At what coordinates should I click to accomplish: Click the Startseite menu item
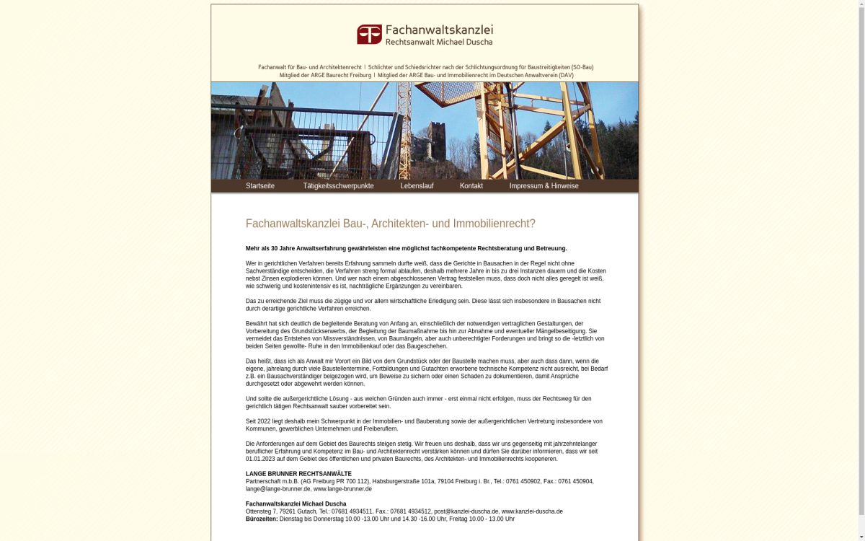(259, 186)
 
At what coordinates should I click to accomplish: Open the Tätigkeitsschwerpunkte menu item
(338, 186)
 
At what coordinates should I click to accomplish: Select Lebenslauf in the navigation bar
(417, 186)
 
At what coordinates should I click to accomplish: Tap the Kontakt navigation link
(471, 186)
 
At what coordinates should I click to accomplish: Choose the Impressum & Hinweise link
(544, 186)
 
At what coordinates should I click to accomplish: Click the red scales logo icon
(369, 35)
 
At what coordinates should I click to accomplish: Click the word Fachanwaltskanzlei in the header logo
(439, 30)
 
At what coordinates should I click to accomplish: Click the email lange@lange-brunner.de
(278, 489)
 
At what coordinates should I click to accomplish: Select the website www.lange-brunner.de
(342, 489)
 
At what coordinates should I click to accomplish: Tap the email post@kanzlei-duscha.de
(466, 511)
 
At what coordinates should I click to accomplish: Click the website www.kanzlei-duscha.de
(532, 511)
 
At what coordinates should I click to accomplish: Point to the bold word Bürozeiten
(261, 519)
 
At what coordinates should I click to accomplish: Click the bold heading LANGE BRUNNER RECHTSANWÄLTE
(298, 474)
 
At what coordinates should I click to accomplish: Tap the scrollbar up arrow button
(861, 4)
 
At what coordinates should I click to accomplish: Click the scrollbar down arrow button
(861, 537)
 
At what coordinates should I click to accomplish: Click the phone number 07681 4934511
(352, 511)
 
